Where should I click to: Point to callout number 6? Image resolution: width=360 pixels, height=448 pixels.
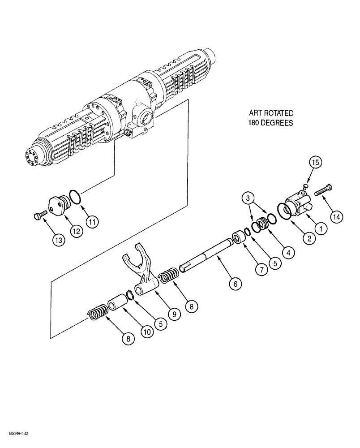235,283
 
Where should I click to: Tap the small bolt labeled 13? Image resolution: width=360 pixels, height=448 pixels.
39,217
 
